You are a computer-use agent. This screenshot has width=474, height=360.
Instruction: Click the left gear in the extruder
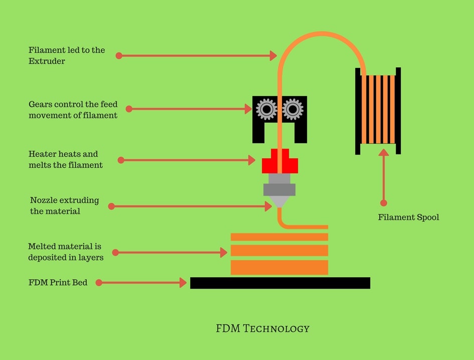point(266,108)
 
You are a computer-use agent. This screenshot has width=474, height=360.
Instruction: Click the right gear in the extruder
point(292,108)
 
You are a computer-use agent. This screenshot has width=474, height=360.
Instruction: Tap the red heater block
point(280,164)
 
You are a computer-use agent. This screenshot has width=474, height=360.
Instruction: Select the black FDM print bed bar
point(280,283)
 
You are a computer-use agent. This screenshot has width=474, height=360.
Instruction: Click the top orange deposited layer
point(279,237)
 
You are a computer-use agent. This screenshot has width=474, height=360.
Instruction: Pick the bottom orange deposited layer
point(279,267)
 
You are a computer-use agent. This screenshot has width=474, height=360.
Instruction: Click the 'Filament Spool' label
point(408,217)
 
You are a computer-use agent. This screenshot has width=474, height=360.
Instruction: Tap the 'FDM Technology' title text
point(262,329)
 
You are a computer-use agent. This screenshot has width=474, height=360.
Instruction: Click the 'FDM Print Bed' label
point(58,283)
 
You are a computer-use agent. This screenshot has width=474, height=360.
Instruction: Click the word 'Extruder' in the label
point(47,61)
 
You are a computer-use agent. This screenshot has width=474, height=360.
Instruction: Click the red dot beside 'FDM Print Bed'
point(99,283)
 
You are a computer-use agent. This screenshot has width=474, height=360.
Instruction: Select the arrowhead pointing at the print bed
point(183,283)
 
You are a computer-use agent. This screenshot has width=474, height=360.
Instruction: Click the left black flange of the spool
point(358,111)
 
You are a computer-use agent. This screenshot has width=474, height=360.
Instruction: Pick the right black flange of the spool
point(398,111)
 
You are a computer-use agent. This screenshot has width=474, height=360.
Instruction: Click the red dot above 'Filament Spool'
point(384,203)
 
